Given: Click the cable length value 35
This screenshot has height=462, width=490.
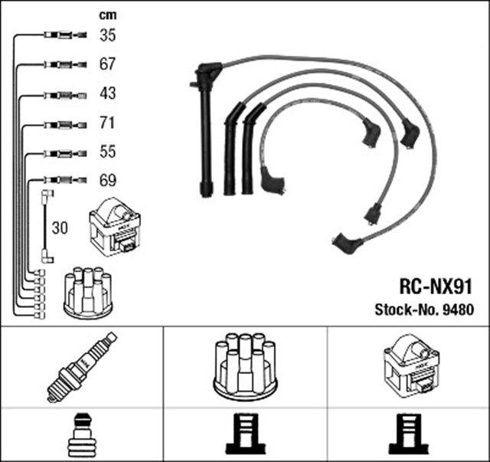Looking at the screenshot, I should (108, 34).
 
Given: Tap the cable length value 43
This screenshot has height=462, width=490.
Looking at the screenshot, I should (108, 93).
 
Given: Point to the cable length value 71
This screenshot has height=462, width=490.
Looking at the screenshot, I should (108, 123).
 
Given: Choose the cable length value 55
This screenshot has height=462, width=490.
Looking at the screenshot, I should (108, 152).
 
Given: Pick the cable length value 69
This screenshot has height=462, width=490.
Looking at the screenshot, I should (108, 181).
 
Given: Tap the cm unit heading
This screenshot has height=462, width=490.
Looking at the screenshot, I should (108, 15).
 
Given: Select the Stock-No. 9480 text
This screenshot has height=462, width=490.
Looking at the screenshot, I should (425, 310).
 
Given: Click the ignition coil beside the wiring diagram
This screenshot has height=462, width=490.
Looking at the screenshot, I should (116, 227).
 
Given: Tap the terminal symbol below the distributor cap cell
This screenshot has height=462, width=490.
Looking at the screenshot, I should (244, 436).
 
